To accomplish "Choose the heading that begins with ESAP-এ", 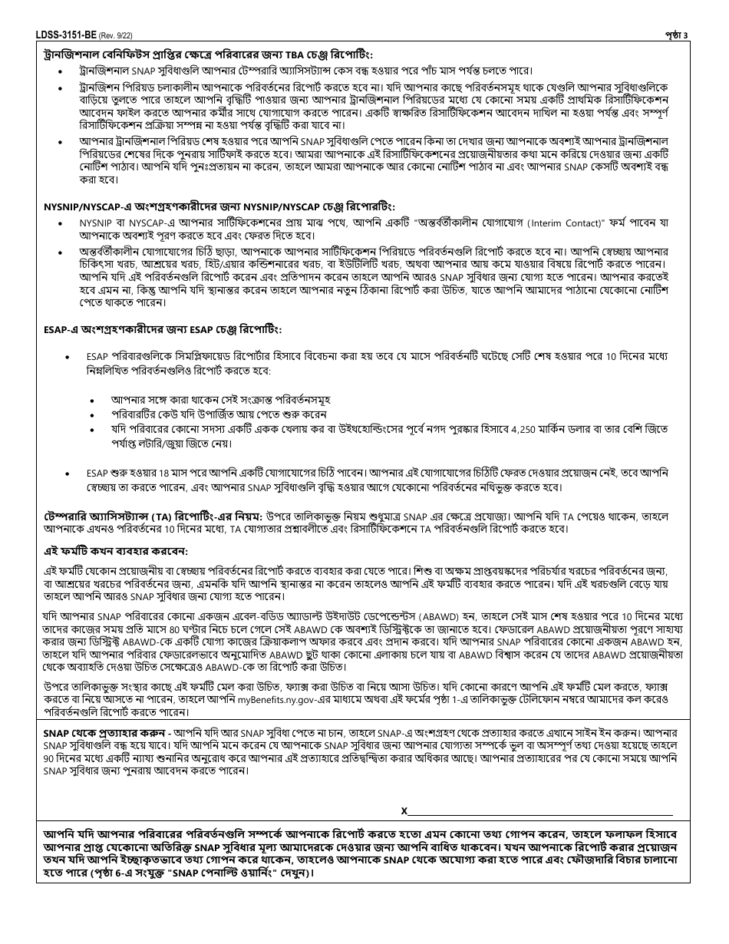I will [x=162, y=329].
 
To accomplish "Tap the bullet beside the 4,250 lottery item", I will [x=94, y=429].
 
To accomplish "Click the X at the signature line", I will [x=404, y=810].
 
